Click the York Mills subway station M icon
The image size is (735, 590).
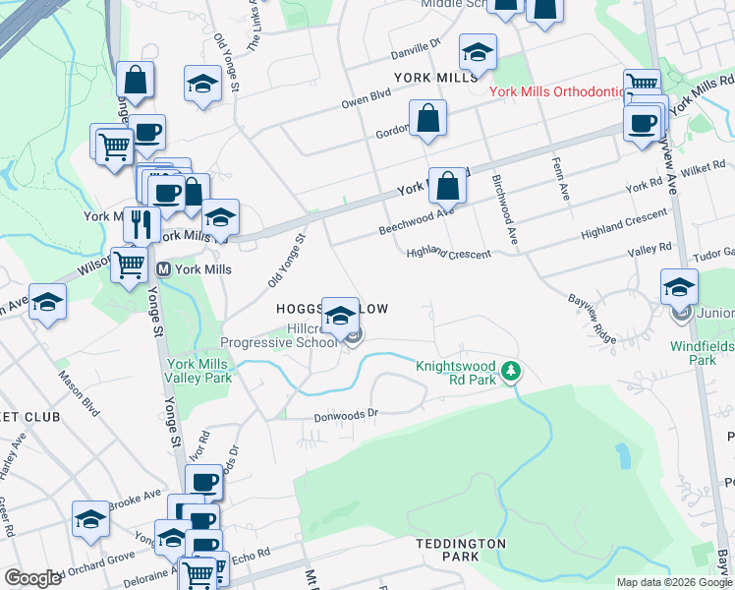(x=164, y=268)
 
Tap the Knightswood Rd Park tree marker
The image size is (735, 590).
(x=510, y=372)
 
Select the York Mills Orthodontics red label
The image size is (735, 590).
(x=558, y=91)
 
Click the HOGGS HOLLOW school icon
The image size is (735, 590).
(x=340, y=317)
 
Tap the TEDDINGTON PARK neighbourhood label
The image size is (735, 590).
(x=461, y=550)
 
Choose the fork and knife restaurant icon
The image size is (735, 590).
(x=141, y=224)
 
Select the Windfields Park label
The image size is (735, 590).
(x=702, y=353)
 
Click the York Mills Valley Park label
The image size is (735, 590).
(x=199, y=370)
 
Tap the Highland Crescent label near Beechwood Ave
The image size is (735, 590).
(x=449, y=254)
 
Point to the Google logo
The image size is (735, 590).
(x=32, y=578)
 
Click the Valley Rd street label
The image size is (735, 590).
(x=650, y=249)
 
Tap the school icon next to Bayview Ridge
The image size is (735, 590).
(x=679, y=287)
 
